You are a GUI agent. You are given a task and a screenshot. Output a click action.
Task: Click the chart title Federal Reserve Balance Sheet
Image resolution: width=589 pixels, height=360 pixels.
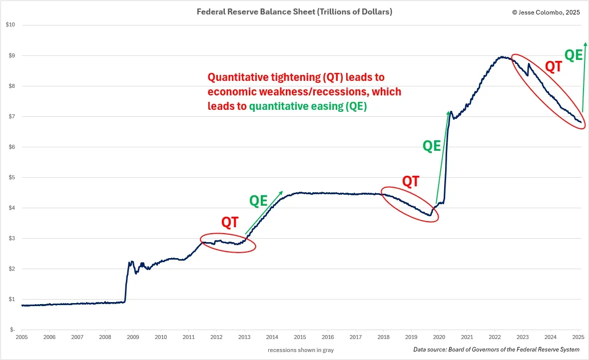tap(294, 12)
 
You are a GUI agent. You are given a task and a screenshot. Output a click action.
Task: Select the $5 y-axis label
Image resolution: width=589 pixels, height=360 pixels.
tap(11, 177)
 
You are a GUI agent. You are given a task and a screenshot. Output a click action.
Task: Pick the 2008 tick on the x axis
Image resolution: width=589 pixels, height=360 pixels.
tap(105, 338)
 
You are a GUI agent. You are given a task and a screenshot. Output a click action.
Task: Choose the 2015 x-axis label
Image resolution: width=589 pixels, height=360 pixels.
tap(300, 338)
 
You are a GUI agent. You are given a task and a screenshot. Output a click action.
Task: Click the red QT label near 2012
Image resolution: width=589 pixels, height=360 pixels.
tap(230, 222)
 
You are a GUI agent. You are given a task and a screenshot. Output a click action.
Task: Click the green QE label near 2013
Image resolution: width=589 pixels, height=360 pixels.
tap(258, 201)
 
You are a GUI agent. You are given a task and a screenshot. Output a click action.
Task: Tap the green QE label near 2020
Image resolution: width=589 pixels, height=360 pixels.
tap(432, 146)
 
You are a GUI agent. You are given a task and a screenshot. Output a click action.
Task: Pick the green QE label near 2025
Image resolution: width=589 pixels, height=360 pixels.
tap(574, 54)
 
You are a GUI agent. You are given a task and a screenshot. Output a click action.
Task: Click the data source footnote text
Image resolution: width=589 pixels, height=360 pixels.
tap(496, 350)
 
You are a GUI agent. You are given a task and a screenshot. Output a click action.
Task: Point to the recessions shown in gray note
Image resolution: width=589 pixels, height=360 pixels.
tap(301, 350)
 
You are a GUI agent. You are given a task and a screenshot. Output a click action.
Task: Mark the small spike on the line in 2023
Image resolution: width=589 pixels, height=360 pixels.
tap(529, 64)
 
